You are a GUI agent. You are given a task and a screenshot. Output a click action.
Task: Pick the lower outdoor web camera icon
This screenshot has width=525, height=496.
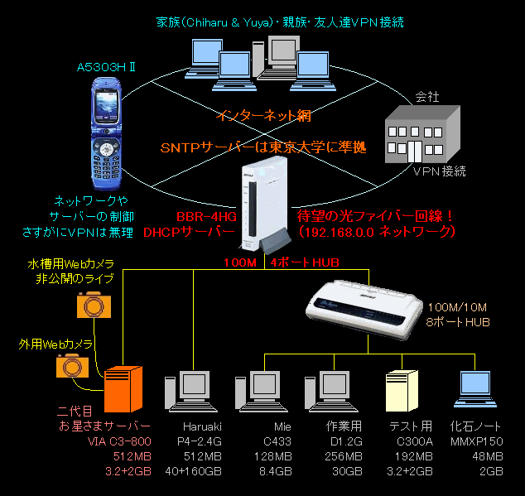(x=70, y=365)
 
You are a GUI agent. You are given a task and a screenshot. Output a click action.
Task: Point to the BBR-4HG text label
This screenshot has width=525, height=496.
(x=207, y=216)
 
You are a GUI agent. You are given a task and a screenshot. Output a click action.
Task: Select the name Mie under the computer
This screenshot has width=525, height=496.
(x=282, y=427)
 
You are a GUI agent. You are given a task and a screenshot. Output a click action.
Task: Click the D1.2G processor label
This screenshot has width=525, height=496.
(x=346, y=441)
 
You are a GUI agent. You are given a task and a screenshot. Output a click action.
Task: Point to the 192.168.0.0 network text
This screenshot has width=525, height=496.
(x=377, y=233)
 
